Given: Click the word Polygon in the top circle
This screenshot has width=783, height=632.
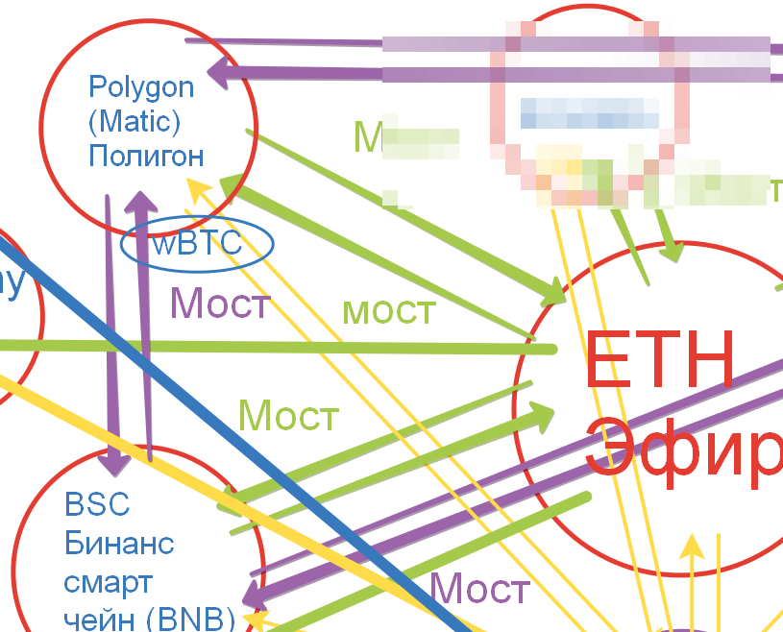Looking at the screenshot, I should (x=141, y=87).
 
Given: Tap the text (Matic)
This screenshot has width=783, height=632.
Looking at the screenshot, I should (x=135, y=122).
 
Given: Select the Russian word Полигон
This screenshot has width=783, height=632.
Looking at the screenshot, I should (x=146, y=155).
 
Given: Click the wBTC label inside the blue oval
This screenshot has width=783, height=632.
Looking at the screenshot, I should (x=197, y=244).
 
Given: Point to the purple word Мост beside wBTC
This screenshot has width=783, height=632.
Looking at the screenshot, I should (x=220, y=304).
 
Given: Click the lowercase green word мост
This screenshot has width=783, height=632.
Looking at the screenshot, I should (x=389, y=310).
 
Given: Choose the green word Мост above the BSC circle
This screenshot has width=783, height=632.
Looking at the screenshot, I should (x=288, y=416).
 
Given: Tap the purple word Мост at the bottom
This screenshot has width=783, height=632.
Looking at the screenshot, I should (x=478, y=589).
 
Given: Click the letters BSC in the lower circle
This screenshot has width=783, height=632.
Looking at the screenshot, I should (x=97, y=504).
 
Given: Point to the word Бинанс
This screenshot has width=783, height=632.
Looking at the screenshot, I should (x=119, y=544).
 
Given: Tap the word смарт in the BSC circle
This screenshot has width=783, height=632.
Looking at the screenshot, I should (x=109, y=583).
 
